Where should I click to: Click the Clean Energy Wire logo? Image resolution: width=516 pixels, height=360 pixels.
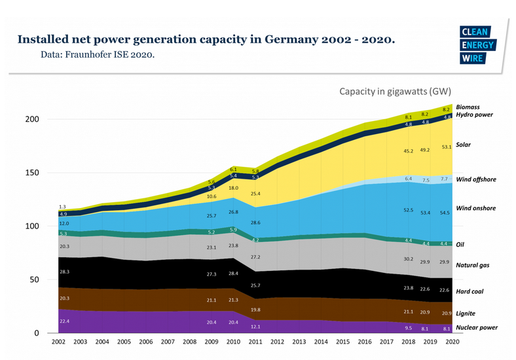478,45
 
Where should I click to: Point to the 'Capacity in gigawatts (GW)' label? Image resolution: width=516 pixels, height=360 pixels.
395,91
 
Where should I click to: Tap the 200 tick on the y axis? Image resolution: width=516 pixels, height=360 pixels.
32,119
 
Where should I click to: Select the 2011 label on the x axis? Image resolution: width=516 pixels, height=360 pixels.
256,342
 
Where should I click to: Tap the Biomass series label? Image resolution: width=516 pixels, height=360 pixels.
468,107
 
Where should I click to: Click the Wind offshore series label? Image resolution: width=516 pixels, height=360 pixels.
475,179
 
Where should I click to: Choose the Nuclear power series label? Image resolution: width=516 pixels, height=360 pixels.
477,327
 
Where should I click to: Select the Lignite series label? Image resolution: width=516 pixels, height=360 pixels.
466,314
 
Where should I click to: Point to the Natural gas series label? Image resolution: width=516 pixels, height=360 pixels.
473,265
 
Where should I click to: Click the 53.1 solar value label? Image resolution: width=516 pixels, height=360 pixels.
447,147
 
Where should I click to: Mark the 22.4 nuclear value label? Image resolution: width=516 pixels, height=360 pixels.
64,321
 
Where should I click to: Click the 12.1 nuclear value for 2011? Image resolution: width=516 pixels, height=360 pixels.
256,327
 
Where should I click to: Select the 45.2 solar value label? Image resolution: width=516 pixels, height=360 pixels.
408,151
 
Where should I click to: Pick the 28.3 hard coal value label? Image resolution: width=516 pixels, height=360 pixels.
64,271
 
